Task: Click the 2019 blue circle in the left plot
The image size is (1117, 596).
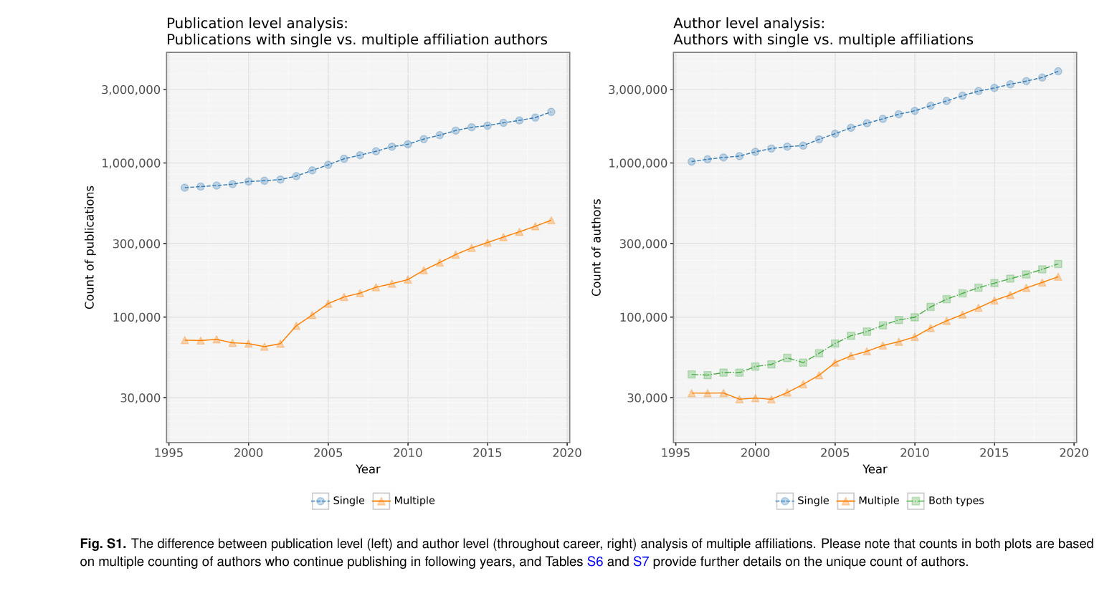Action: [551, 112]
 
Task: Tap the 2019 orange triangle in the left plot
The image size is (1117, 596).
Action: [551, 220]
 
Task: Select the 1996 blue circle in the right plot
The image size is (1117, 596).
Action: [691, 161]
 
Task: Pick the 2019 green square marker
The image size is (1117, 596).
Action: [1057, 264]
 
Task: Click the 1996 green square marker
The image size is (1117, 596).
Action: [691, 375]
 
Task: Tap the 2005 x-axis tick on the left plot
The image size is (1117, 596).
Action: [328, 453]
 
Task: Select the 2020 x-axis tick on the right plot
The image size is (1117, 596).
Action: [1074, 453]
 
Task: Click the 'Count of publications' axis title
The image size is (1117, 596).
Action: [90, 247]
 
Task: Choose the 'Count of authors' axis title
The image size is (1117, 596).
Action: [596, 247]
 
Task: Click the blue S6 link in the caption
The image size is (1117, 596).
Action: [595, 562]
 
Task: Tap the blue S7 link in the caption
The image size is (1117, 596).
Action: [640, 562]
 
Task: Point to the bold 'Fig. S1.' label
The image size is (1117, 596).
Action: [103, 544]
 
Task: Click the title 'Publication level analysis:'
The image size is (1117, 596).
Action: [257, 24]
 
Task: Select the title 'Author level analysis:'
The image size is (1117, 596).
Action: [749, 24]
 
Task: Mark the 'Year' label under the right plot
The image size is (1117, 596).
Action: [875, 469]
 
